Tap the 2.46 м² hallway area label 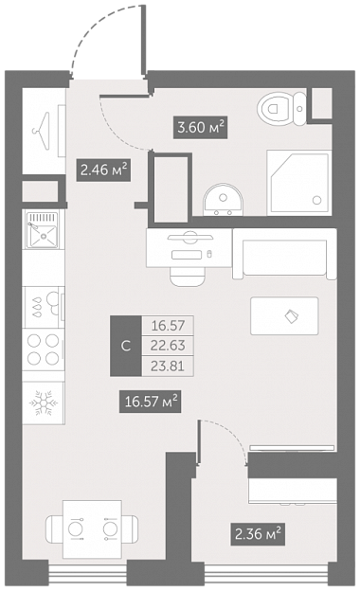(103, 170)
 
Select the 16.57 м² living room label (150, 402)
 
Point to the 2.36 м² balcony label (258, 534)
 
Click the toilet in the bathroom (282, 109)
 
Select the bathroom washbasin (224, 200)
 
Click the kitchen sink (43, 229)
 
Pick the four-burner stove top (43, 349)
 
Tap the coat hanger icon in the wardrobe (42, 131)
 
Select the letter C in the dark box (126, 346)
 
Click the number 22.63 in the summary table (168, 346)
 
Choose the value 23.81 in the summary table (168, 366)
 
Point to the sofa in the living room (284, 254)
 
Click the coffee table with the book (284, 315)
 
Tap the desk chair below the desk (188, 277)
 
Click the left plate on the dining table (76, 528)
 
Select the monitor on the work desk (190, 237)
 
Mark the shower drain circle (317, 200)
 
